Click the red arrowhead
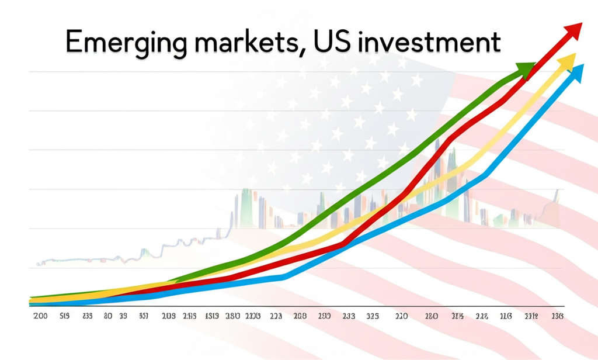click(573, 30)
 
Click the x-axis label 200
click(40, 316)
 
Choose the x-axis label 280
click(432, 316)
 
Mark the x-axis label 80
click(107, 316)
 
